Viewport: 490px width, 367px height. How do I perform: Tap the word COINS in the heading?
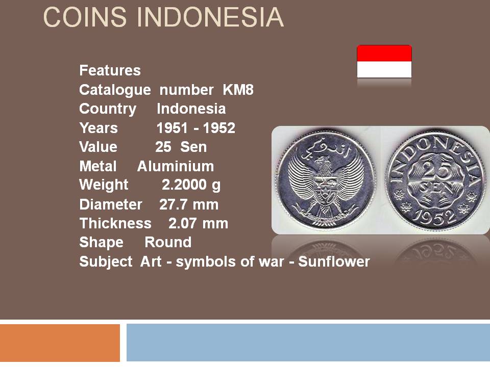point(85,17)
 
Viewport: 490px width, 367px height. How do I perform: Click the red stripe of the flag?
point(384,53)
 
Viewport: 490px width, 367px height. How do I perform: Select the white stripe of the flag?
point(384,69)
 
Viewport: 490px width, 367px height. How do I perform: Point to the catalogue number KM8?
point(238,90)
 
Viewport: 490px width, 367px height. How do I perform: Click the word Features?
point(110,70)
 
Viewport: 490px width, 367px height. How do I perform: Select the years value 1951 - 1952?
point(195,128)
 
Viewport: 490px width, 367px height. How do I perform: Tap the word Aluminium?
point(176,166)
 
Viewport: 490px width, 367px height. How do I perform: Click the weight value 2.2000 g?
point(191,185)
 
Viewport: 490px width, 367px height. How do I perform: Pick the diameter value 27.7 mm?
point(189,204)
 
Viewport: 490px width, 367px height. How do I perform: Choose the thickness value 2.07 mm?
point(198,223)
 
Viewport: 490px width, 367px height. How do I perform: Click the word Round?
point(168,242)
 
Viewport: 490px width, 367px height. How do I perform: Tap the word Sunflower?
point(334,261)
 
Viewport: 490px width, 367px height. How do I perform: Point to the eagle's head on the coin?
point(324,162)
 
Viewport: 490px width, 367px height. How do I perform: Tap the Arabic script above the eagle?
point(325,148)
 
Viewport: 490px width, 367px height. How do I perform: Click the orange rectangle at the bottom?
point(60,343)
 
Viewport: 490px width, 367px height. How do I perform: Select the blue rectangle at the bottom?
point(308,343)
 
